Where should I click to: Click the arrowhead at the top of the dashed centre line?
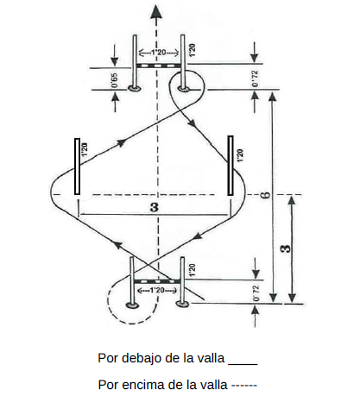coord(156,13)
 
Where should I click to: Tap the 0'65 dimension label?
coord(114,80)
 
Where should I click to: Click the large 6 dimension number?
coord(266,195)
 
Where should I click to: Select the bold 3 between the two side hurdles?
coord(155,207)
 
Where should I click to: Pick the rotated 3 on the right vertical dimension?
coord(286,248)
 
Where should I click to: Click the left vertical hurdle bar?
coord(77,167)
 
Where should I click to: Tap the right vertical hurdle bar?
coord(231,166)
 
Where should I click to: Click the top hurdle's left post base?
coord(134,88)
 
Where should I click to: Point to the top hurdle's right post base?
coord(183,89)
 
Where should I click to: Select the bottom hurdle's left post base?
coord(132,305)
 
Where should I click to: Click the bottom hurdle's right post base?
coord(182,303)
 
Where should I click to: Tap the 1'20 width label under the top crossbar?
coord(158,53)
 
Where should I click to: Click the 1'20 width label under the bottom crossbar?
coord(157,290)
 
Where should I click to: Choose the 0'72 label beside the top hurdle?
coord(255,79)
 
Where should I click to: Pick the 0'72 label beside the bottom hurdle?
coord(256,293)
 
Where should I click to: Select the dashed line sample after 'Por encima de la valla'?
coord(244,385)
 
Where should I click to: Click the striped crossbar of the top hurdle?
coord(158,66)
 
